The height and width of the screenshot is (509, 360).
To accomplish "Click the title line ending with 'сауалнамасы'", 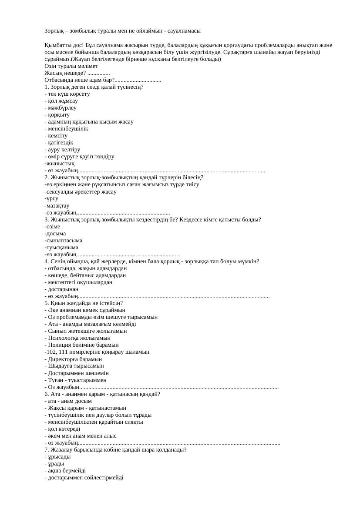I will [x=122, y=31].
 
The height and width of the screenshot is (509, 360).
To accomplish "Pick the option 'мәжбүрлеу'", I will [x=62, y=107].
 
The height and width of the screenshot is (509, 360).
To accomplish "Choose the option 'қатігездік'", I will [x=61, y=142].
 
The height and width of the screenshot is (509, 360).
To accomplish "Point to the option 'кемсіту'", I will [x=57, y=135].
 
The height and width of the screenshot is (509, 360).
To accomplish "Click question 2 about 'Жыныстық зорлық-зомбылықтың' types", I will [x=124, y=177].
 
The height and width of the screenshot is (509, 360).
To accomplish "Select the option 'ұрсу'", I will [x=52, y=198].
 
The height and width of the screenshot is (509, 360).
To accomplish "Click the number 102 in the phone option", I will [x=51, y=352].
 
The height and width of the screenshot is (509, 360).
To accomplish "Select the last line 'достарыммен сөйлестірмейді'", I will [x=85, y=477].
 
